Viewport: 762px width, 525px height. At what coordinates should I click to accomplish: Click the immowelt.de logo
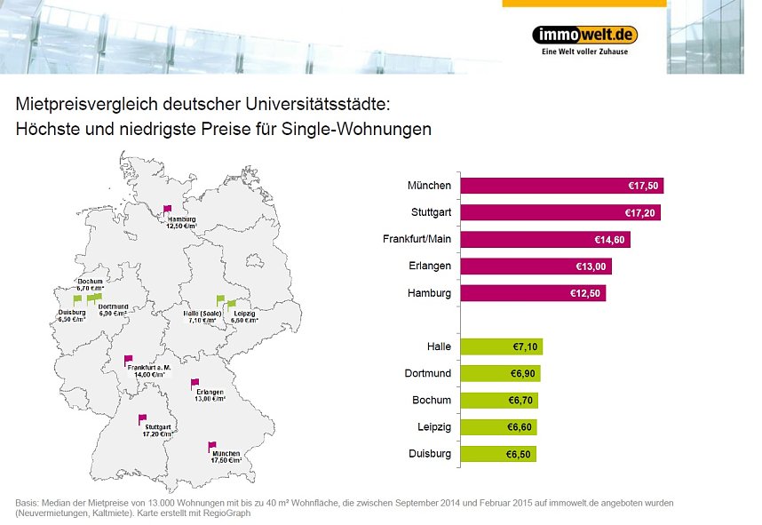point(584,36)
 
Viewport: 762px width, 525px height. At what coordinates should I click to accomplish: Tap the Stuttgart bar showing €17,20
point(560,213)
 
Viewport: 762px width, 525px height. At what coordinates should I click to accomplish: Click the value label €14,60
point(612,240)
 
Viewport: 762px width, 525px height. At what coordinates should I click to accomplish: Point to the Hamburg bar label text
point(429,293)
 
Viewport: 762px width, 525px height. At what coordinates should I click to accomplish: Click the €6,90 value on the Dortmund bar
point(522,373)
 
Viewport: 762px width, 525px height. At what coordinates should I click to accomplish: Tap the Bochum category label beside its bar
point(432,400)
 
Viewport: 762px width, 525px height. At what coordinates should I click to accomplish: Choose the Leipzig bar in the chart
point(498,427)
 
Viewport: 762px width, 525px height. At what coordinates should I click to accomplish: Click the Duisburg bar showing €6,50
point(498,454)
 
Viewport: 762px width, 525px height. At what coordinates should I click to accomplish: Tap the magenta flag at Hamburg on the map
point(167,210)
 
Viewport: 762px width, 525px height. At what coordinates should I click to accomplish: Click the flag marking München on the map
point(211,446)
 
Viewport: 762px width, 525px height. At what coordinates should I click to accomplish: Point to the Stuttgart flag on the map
point(142,418)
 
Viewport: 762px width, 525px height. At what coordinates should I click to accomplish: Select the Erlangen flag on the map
point(194,383)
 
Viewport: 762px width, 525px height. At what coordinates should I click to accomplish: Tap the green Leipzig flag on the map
point(233,305)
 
